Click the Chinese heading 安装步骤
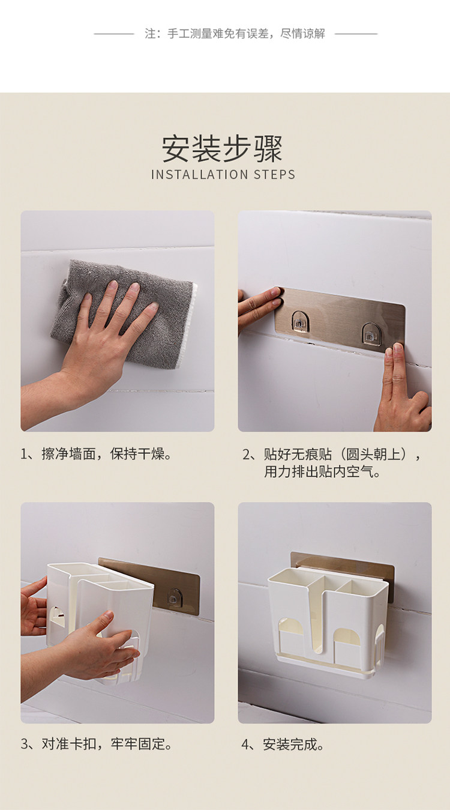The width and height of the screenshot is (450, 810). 221,149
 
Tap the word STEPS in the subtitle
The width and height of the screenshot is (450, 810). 274,175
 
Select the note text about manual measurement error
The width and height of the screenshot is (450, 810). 235,34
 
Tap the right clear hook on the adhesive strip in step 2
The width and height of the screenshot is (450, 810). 370,333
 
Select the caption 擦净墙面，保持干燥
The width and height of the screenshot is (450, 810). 96,454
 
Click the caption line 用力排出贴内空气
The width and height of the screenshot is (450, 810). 322,471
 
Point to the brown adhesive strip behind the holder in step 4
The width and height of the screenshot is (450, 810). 342,563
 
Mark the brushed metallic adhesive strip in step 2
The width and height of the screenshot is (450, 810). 340,320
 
